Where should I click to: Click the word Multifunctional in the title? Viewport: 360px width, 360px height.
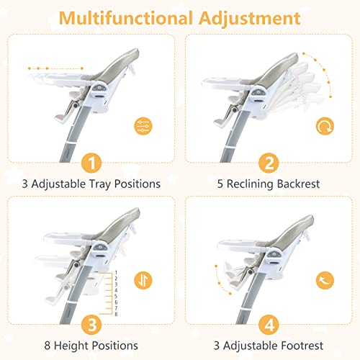pos(126,18)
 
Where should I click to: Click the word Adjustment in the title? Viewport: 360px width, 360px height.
pos(250,19)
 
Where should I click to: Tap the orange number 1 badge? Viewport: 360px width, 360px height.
pos(91,163)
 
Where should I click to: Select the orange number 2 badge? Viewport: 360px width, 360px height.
pos(269,163)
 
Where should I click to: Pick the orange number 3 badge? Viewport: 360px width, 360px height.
pos(91,325)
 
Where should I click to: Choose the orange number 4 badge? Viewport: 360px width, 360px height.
pos(269,325)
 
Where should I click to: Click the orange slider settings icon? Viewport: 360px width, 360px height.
pos(143,126)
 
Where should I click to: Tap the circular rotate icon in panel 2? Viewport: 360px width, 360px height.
pos(325,126)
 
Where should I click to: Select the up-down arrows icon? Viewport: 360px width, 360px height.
pos(143,280)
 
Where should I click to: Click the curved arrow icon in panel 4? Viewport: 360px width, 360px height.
pos(325,280)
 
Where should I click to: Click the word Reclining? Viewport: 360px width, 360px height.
pos(251,184)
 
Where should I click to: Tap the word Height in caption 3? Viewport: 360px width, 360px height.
pos(71,346)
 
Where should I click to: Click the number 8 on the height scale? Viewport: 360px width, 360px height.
pos(116,314)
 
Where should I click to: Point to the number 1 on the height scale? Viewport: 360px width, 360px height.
pos(116,273)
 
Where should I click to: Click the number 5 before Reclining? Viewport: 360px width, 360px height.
pos(220,184)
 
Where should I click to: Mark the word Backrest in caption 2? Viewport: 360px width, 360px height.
pos(298,184)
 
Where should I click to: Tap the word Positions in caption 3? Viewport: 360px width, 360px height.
pos(115,346)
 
